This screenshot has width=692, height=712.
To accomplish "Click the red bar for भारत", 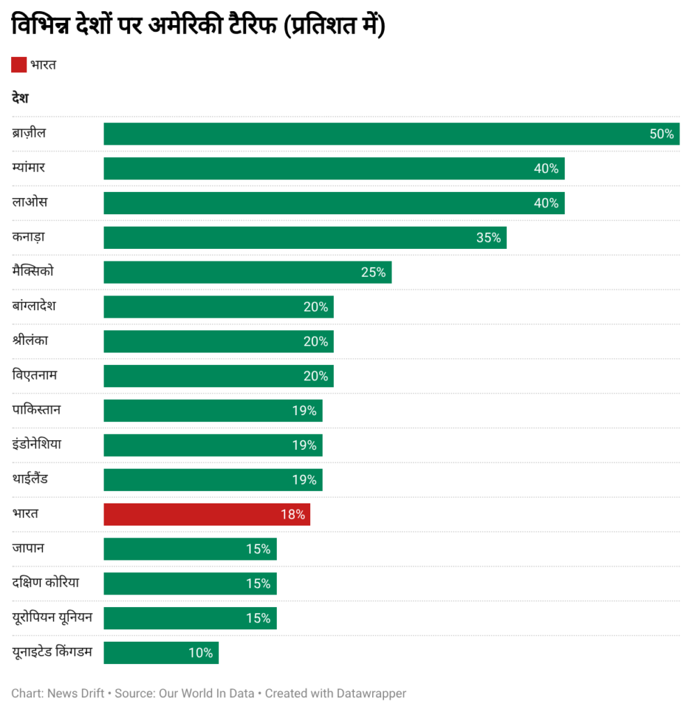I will click(x=207, y=515).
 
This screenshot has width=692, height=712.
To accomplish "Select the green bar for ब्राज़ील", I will click(x=391, y=134).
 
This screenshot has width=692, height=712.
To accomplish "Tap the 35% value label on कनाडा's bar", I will click(x=488, y=238).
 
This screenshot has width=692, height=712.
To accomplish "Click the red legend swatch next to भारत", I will click(x=19, y=65).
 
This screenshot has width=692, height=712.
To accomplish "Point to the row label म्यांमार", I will click(x=29, y=168).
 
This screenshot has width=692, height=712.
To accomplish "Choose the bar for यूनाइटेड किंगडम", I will click(x=161, y=653).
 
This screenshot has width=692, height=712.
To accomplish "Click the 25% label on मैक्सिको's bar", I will click(x=373, y=273).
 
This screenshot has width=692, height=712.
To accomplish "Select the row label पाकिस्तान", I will click(x=36, y=410).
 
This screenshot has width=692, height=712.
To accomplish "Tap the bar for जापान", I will click(x=190, y=549).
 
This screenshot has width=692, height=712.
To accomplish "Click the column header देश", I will click(x=19, y=99).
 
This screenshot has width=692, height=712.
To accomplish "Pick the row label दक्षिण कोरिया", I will click(x=45, y=583).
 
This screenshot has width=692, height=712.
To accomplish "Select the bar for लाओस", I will click(x=334, y=203).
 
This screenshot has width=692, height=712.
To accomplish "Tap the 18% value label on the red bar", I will click(x=293, y=515).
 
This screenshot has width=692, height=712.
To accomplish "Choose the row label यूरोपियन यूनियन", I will click(x=51, y=617).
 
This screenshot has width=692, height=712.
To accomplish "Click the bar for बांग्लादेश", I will click(x=218, y=307).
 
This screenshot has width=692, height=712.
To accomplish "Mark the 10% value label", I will click(x=200, y=653).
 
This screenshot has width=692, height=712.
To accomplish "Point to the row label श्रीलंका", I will click(x=30, y=341).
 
